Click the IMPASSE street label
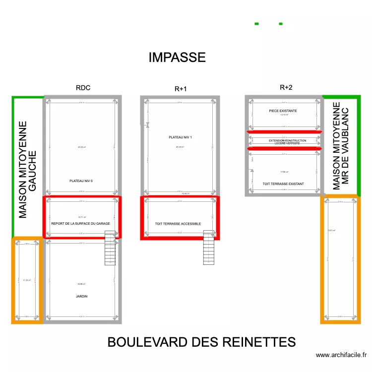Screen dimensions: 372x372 [177, 58]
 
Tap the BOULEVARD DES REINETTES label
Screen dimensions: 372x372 [201, 342]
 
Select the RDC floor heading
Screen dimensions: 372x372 [83, 88]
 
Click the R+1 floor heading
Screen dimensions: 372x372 [181, 89]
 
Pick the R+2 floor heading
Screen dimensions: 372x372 [286, 88]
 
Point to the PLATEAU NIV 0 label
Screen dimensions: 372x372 [81, 181]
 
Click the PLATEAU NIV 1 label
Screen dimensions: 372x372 [180, 137]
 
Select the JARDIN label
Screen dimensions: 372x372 [81, 296]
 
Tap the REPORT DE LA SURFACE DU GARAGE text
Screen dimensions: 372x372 [84, 224]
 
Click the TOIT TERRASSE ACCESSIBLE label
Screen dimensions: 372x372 [178, 224]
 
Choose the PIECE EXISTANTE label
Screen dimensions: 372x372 [283, 111]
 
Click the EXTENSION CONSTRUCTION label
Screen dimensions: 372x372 [287, 141]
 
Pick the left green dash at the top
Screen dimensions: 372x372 [257, 24]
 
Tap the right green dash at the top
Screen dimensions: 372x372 [281, 24]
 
